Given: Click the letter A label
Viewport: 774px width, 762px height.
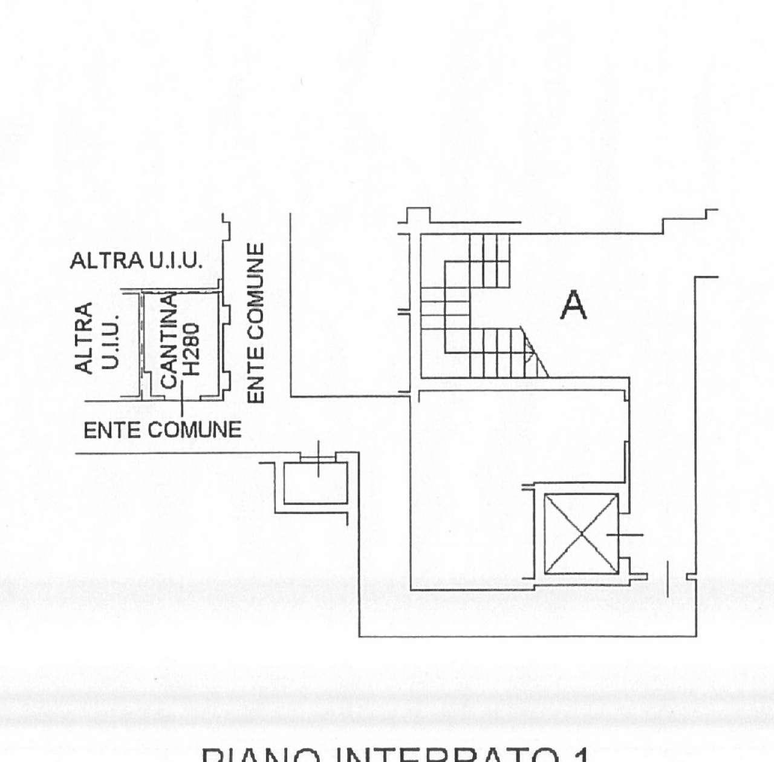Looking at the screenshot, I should pos(573,306).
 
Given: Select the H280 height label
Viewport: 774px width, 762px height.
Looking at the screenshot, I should pos(191,352).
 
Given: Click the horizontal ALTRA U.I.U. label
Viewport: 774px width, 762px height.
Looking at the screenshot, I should pos(136,261).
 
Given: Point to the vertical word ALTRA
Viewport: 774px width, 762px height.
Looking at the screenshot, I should pos(83,338).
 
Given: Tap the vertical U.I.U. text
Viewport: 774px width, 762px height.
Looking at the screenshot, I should pos(111,341).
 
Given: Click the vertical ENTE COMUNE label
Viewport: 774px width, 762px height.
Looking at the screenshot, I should pos(257,323).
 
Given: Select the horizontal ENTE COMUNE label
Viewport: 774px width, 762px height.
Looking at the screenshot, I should pos(162,430).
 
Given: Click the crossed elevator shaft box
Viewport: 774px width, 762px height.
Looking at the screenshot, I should pos(582,534).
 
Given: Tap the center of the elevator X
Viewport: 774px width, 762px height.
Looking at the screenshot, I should pos(582,534).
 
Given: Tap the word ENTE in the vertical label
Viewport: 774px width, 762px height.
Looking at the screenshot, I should pos(257,381).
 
